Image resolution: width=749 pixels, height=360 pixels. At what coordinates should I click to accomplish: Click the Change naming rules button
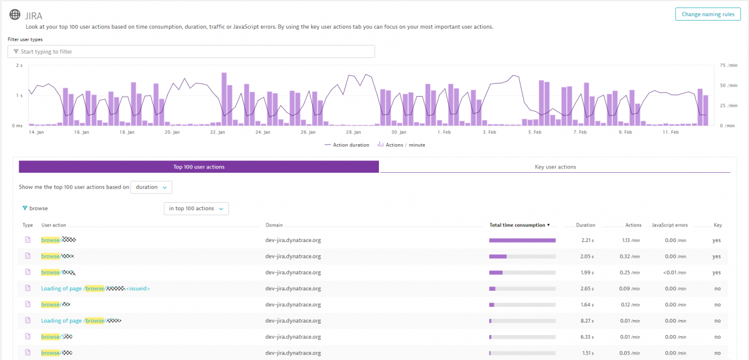click(707, 14)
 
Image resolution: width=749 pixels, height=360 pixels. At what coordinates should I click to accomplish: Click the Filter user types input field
click(191, 52)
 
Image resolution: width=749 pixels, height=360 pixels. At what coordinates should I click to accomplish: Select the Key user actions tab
click(555, 167)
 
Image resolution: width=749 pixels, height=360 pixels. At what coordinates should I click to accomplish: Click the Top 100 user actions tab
click(198, 167)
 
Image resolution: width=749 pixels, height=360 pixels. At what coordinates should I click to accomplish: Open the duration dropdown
click(151, 187)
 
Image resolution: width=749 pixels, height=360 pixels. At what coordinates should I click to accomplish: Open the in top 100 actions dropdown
click(196, 208)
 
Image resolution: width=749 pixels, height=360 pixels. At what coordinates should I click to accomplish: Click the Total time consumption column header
click(519, 225)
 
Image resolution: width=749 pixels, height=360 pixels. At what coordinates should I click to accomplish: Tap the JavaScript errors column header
click(669, 225)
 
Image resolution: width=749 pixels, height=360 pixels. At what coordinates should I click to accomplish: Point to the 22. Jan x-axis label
click(218, 132)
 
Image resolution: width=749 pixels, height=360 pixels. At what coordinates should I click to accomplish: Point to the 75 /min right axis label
click(728, 65)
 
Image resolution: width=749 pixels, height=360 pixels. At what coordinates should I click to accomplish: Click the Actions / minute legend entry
click(401, 145)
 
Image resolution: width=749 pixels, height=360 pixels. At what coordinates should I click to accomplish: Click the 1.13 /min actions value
click(631, 240)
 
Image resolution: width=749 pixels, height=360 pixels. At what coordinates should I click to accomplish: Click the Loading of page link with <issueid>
click(95, 288)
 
